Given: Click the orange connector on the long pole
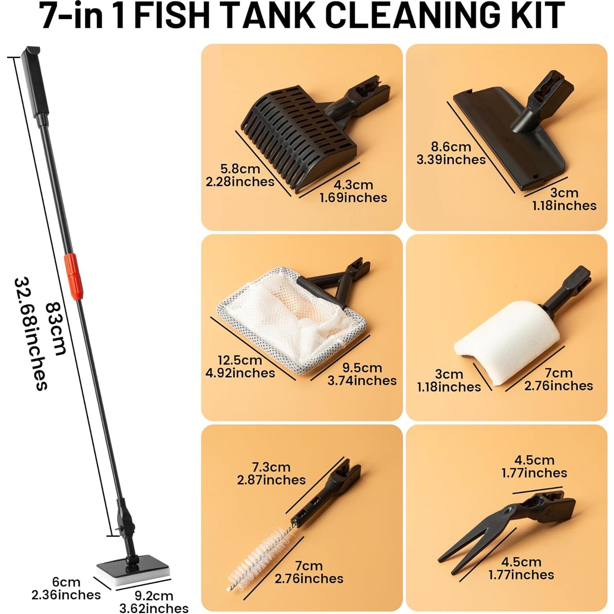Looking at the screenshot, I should (73, 276).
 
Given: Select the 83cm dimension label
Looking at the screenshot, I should (56, 328).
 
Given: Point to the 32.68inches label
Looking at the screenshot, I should (31, 333).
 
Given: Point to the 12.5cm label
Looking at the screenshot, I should (240, 360).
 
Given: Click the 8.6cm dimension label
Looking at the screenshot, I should (451, 147).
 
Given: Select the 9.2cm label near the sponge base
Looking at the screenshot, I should (154, 596).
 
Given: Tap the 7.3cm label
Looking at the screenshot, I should (271, 467).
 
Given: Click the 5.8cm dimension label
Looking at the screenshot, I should (240, 169).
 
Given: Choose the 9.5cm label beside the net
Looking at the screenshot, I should (362, 368).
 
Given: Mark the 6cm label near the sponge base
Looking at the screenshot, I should (66, 582).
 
